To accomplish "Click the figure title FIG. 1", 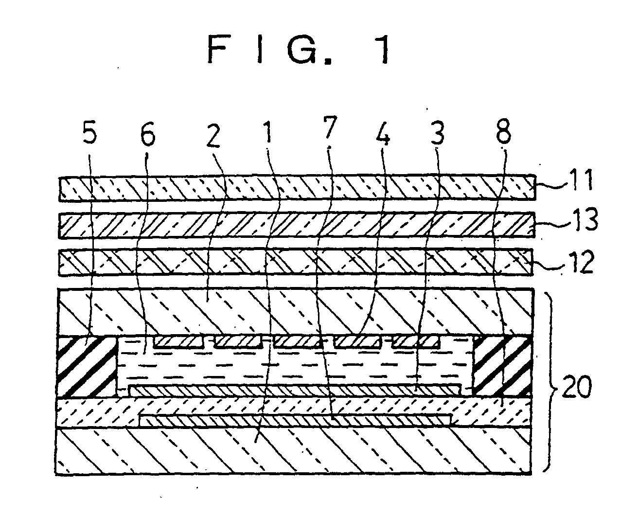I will click(x=298, y=50).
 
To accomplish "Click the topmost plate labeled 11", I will click(x=297, y=189).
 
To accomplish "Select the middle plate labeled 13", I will click(x=297, y=226).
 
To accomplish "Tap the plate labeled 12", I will click(x=297, y=263).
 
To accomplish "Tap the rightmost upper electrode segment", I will click(x=416, y=341).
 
